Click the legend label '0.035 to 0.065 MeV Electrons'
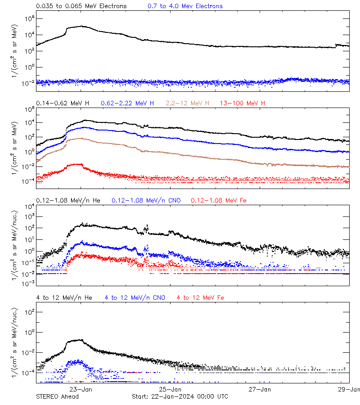(x=81, y=6)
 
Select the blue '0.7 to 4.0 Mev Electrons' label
(x=185, y=6)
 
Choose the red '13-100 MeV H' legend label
(x=243, y=103)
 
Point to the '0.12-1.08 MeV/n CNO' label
(x=146, y=200)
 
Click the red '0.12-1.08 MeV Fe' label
(x=219, y=200)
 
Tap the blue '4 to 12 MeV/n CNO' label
(x=135, y=298)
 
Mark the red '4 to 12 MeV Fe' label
(x=200, y=298)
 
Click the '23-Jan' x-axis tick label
(x=81, y=390)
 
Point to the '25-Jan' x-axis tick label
(x=171, y=390)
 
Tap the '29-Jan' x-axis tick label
(x=349, y=390)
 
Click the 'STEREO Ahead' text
(x=57, y=396)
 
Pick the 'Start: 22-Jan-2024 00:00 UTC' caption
(x=180, y=396)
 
